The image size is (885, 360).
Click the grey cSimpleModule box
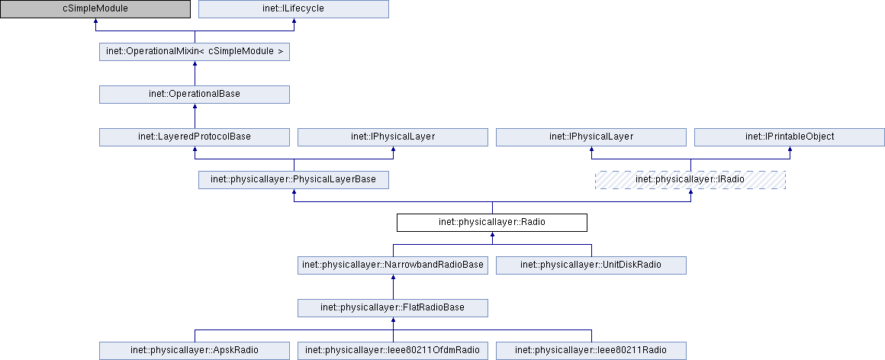[95, 9]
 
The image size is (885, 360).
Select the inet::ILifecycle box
[294, 9]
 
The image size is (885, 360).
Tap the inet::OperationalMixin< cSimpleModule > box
[195, 52]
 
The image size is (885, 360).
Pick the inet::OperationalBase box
[195, 95]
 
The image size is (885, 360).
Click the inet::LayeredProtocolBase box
[195, 137]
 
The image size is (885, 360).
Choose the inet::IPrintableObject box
[789, 137]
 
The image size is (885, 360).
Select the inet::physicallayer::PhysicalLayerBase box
[294, 180]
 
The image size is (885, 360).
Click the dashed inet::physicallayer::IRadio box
[690, 180]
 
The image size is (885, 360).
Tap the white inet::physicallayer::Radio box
[492, 223]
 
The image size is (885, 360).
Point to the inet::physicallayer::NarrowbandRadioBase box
[392, 265]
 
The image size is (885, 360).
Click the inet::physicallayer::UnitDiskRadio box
[591, 265]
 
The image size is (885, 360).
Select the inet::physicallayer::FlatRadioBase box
[392, 308]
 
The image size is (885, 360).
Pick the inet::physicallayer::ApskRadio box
[195, 351]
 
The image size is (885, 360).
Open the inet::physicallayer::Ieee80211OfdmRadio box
[392, 351]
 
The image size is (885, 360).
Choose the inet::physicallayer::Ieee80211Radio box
[591, 351]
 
